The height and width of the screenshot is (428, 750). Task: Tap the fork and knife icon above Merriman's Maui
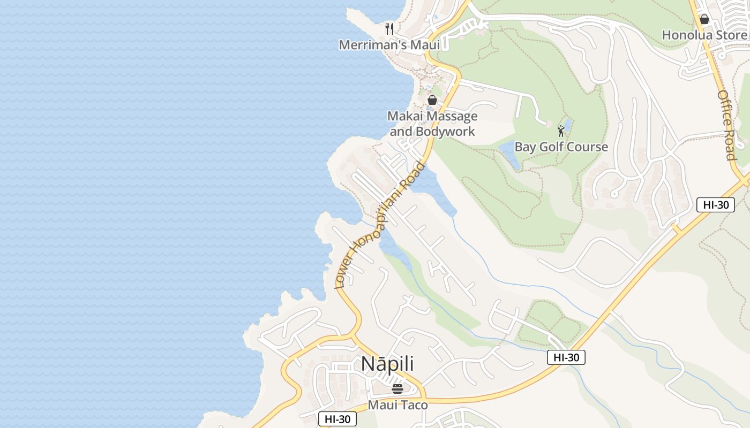tap(389, 28)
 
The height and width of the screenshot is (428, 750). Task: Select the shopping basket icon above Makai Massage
tap(432, 100)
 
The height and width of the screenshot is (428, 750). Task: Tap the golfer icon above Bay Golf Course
tap(561, 131)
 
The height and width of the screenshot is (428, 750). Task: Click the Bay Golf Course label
tap(561, 147)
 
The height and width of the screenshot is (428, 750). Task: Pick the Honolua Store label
tap(704, 35)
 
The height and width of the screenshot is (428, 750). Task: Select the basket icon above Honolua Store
tap(704, 19)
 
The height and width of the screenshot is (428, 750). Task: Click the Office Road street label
tap(726, 125)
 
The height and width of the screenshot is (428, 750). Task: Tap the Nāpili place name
tap(387, 364)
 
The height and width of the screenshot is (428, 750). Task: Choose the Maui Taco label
tap(397, 405)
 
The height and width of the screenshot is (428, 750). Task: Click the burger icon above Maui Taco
tap(397, 389)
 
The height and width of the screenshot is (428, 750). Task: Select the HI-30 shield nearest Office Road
tap(715, 204)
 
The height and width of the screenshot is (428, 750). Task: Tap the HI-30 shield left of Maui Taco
tap(337, 419)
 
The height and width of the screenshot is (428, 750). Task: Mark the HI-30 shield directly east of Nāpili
tap(566, 357)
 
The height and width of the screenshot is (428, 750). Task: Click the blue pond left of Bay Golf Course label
tap(509, 155)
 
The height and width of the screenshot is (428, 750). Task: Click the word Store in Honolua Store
tap(730, 35)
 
